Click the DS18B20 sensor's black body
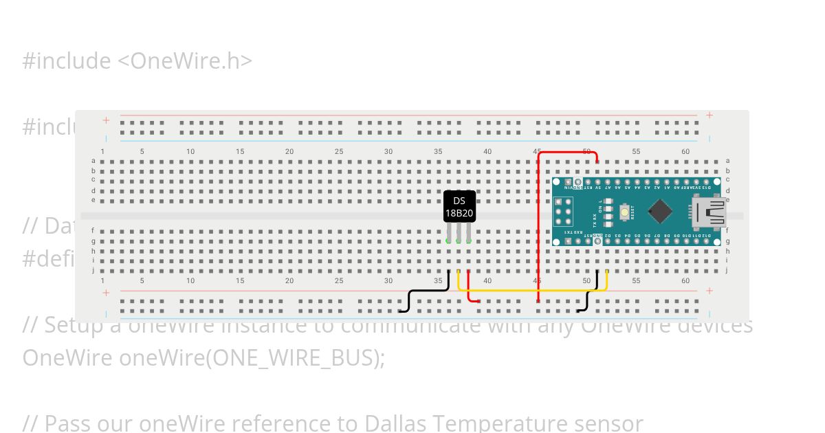[459, 206]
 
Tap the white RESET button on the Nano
[624, 212]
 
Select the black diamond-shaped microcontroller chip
[659, 212]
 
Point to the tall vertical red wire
[538, 227]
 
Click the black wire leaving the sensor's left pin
[426, 291]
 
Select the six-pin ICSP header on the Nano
[565, 212]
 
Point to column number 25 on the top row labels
[339, 151]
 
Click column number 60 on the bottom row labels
[685, 281]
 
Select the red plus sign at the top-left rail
[107, 120]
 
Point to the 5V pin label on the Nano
[598, 186]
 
